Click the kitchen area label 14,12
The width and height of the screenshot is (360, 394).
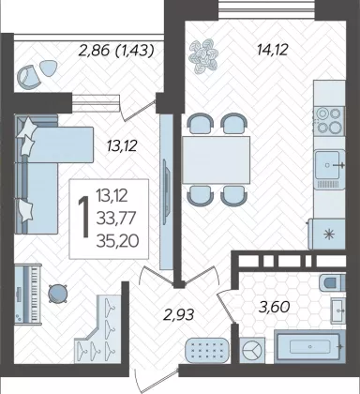272,50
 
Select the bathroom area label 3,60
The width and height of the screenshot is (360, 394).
275,307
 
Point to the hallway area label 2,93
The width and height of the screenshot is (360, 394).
179,314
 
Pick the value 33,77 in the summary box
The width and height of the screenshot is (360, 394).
116,218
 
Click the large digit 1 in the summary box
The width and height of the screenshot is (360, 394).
84,218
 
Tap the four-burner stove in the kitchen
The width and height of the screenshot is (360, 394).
329,121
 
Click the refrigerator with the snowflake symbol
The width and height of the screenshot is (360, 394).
326,234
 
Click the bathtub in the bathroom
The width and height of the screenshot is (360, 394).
310,346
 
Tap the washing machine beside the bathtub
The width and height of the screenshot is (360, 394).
252,351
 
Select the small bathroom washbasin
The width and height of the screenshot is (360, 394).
338,311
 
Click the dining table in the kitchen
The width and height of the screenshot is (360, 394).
217,160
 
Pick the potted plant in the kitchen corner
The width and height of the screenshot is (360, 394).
202,55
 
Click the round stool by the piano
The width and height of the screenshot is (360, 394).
58,294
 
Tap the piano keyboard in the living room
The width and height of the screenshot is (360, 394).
28,294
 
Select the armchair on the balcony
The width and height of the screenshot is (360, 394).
29,77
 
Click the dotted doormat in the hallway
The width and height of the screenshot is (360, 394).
207,350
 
